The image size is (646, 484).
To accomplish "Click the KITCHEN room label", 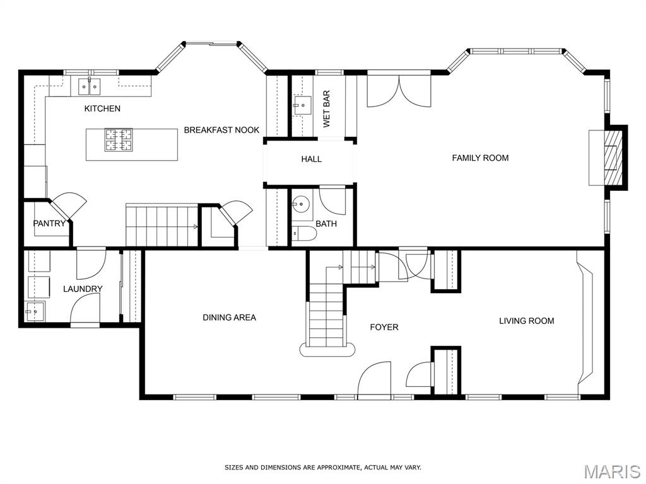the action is pyautogui.click(x=102, y=108).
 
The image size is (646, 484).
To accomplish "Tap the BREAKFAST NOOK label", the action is pyautogui.click(x=221, y=130).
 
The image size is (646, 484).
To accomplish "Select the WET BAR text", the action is pyautogui.click(x=327, y=109).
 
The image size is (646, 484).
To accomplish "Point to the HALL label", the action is pyautogui.click(x=311, y=159).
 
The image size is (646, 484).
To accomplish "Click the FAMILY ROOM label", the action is pyautogui.click(x=480, y=158).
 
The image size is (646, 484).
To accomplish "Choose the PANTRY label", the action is pyautogui.click(x=49, y=224).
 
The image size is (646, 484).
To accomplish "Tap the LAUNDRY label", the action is pyautogui.click(x=83, y=289).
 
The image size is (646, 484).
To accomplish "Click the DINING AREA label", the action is pyautogui.click(x=229, y=318).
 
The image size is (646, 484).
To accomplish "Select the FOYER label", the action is pyautogui.click(x=384, y=327).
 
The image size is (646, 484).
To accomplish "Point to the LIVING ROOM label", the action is pyautogui.click(x=527, y=321).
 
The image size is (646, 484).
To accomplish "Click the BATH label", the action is pyautogui.click(x=326, y=224).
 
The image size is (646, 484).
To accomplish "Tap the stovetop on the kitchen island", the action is pyautogui.click(x=118, y=140).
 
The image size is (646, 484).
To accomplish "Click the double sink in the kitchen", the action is pyautogui.click(x=90, y=86).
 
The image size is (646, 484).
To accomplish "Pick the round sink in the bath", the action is pyautogui.click(x=302, y=204).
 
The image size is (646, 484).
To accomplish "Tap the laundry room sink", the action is pyautogui.click(x=35, y=311).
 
